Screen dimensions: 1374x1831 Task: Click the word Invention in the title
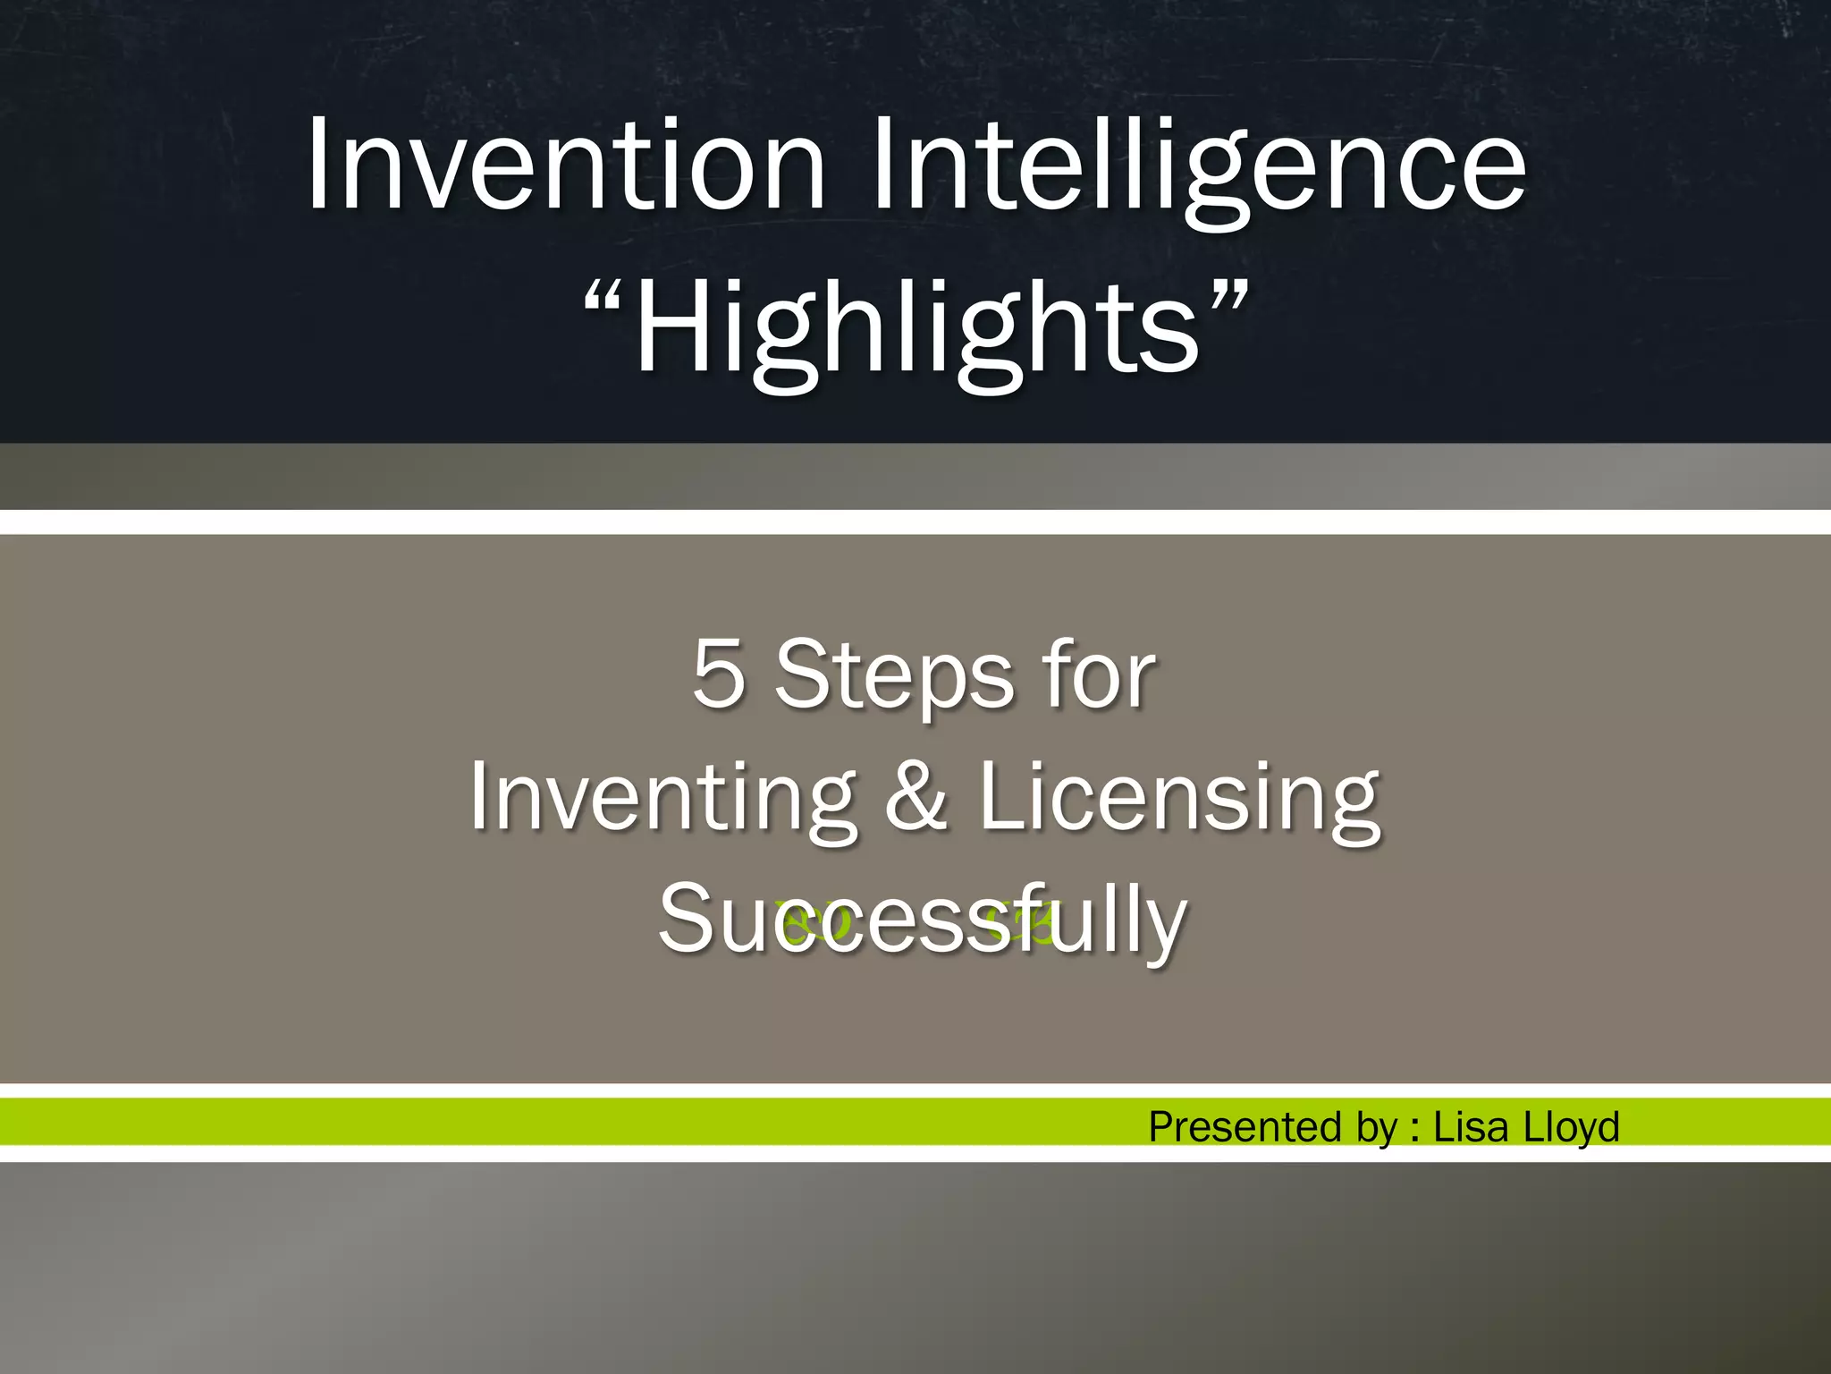[x=566, y=166]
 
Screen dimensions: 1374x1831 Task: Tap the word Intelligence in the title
[x=1198, y=170]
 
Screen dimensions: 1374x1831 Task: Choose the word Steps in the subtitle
[x=894, y=678]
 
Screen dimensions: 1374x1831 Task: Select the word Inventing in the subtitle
[x=662, y=798]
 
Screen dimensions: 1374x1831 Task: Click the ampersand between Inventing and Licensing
[x=915, y=796]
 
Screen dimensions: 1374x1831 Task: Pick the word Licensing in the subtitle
[x=1179, y=798]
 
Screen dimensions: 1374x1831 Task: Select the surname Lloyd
[x=1571, y=1127]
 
